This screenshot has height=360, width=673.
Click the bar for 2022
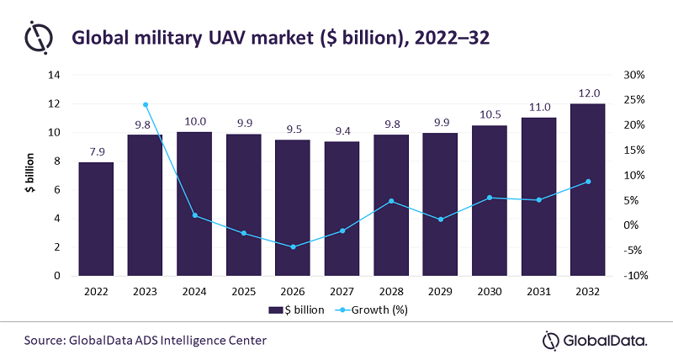[96, 219]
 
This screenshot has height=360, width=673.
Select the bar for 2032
[587, 189]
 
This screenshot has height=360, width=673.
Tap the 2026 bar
[293, 208]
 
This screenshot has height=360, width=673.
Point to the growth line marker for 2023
[146, 105]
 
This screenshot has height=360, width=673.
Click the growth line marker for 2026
[293, 247]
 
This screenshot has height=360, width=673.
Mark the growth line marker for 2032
[587, 182]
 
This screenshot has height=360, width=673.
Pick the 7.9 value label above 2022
[96, 152]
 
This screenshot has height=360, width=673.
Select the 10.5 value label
[489, 115]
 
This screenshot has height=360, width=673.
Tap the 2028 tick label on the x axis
[390, 290]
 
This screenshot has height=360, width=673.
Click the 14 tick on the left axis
[55, 75]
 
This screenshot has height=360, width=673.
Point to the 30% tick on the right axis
[633, 75]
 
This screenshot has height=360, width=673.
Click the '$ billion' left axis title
[29, 175]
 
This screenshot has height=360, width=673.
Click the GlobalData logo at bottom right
[595, 341]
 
